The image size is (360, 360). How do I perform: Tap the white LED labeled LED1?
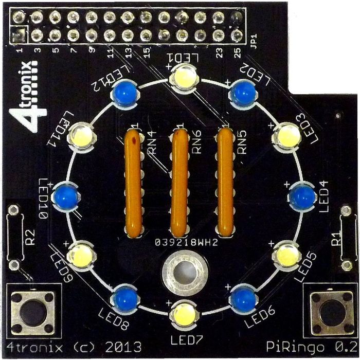[x=182, y=78]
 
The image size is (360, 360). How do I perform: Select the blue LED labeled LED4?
[x=302, y=195]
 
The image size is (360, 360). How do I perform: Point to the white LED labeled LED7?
[x=183, y=313]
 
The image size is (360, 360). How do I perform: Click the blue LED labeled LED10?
[x=65, y=195]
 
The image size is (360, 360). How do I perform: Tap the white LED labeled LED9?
[x=80, y=254]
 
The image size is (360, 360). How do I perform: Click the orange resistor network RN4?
[x=133, y=181]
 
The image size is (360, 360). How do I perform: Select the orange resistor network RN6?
[x=179, y=181]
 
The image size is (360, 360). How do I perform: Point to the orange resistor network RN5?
[x=226, y=181]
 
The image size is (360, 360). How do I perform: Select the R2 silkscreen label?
[x=31, y=239]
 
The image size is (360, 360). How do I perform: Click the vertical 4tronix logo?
[x=31, y=95]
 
